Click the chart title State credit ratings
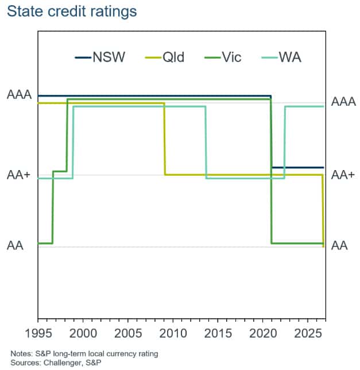pyautogui.click(x=72, y=12)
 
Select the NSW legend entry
pyautogui.click(x=100, y=57)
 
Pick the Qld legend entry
pyautogui.click(x=165, y=57)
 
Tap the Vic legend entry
pyautogui.click(x=223, y=57)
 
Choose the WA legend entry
pyautogui.click(x=281, y=57)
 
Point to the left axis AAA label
pyautogui.click(x=20, y=95)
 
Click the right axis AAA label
pyautogui.click(x=343, y=102)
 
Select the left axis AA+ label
pyautogui.click(x=19, y=175)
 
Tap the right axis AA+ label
pyautogui.click(x=343, y=175)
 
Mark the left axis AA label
pyautogui.click(x=15, y=245)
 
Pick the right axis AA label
pyautogui.click(x=339, y=245)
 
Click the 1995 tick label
pyautogui.click(x=38, y=333)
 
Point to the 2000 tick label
pyautogui.click(x=83, y=333)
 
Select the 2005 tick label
pyautogui.click(x=128, y=333)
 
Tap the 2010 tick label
pyautogui.click(x=173, y=333)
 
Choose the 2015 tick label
pyautogui.click(x=218, y=333)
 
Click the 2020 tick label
pyautogui.click(x=263, y=333)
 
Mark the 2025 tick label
pyautogui.click(x=308, y=333)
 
